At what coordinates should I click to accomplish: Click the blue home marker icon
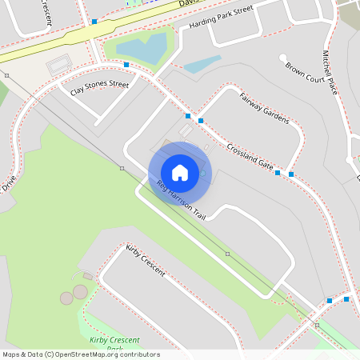tap(180, 173)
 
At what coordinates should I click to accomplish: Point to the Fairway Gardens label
tap(264, 108)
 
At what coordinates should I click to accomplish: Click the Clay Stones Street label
tap(99, 88)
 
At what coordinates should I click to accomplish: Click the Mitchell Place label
tap(331, 73)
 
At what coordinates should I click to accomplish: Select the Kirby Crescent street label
tap(146, 261)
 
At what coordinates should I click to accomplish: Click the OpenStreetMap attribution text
tap(81, 354)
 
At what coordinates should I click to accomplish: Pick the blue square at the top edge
tap(94, 22)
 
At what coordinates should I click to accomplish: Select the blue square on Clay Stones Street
tap(126, 64)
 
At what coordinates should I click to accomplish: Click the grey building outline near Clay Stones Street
tap(58, 64)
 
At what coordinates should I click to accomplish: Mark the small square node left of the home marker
tap(122, 168)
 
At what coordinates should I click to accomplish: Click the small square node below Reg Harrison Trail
tap(227, 254)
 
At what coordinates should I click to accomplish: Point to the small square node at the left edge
tap(6, 75)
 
